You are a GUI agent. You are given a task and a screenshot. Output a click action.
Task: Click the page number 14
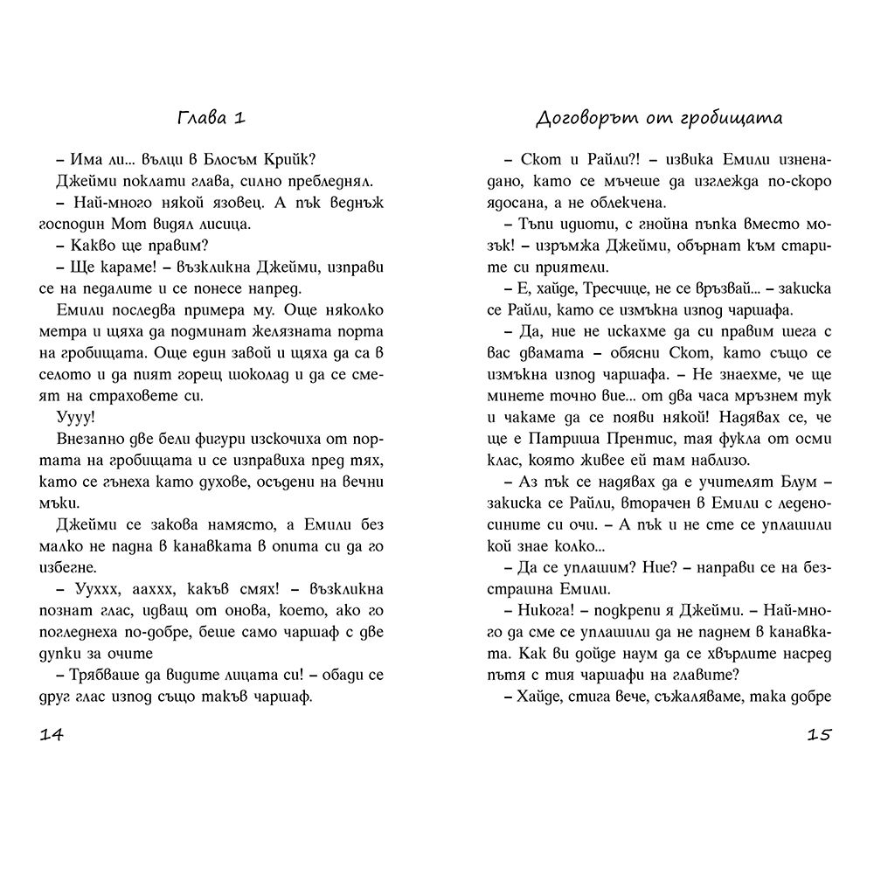[x=52, y=733]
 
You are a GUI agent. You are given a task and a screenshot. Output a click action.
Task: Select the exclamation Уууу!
[x=76, y=419]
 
